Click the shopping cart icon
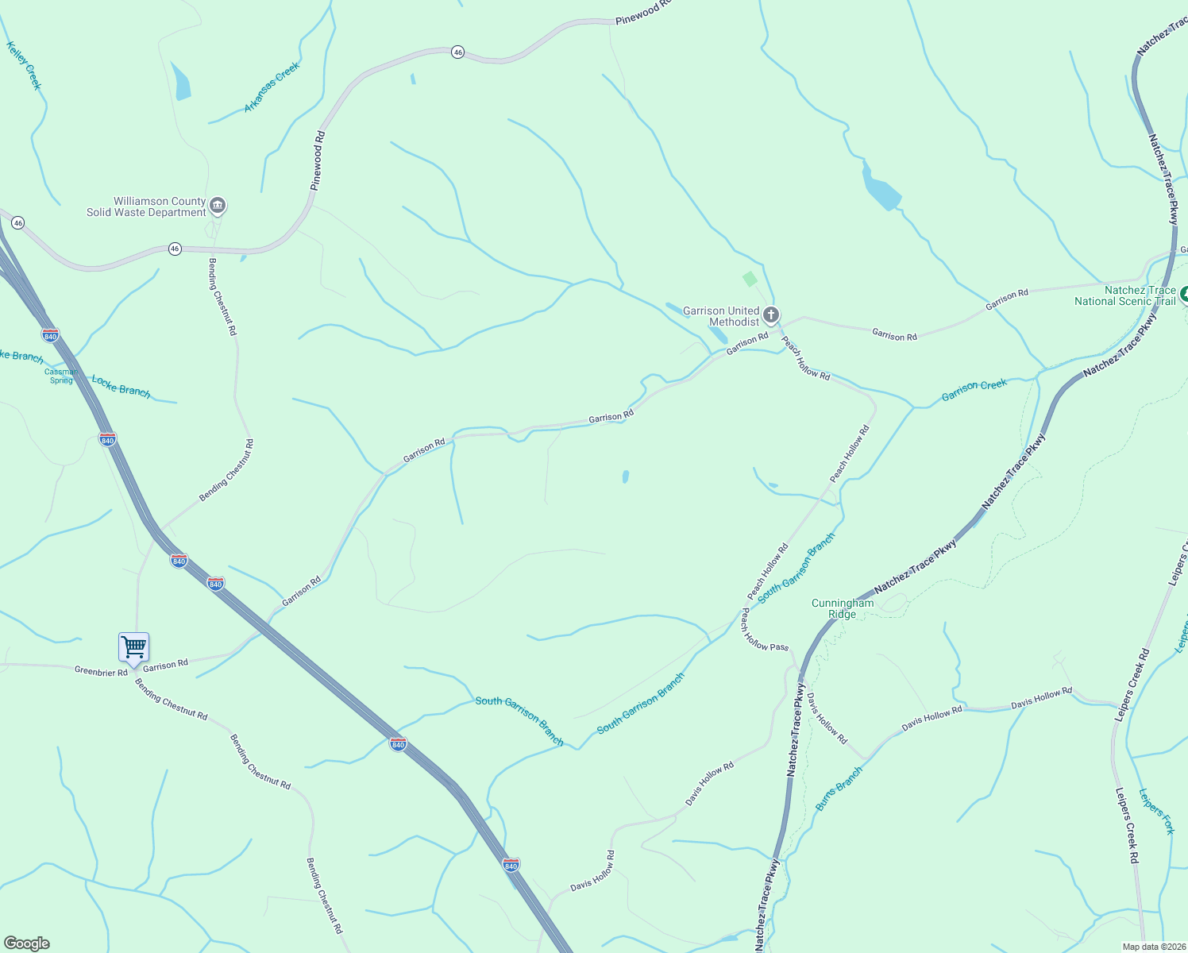click(133, 647)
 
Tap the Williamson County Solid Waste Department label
click(147, 207)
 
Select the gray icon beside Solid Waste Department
click(218, 206)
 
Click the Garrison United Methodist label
click(721, 317)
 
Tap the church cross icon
click(770, 316)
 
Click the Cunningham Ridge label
click(843, 608)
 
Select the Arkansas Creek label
click(272, 87)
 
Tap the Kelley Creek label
click(23, 66)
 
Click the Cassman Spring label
click(61, 376)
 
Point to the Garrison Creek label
click(974, 390)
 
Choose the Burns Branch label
click(839, 789)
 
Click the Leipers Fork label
click(1156, 811)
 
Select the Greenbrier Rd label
click(101, 672)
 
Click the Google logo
click(27, 943)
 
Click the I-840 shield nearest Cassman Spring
click(51, 335)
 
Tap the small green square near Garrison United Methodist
click(750, 279)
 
